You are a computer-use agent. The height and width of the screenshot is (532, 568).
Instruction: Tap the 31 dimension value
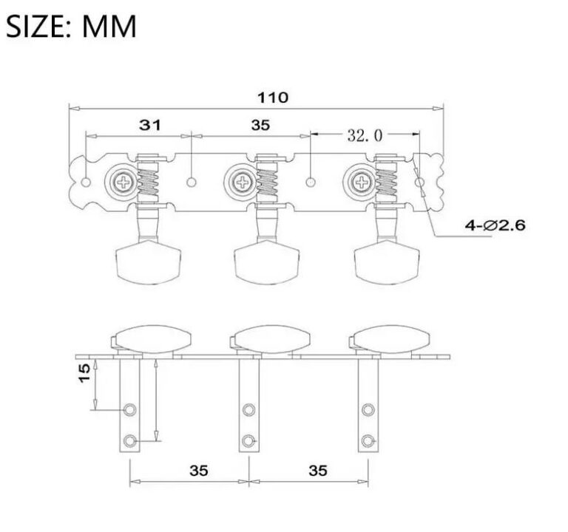click(151, 126)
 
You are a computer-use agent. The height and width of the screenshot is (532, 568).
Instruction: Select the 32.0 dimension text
click(365, 134)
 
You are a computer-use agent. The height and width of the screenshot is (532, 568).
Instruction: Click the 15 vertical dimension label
click(84, 373)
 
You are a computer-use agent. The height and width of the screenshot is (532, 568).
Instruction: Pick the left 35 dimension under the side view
click(198, 470)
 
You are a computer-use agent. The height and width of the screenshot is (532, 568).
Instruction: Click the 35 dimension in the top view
click(260, 126)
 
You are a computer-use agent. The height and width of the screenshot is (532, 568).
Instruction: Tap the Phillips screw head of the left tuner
click(121, 180)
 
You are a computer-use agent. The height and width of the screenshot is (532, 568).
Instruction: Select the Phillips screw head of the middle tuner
click(241, 180)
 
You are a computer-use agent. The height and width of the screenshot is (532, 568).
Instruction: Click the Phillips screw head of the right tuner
click(362, 180)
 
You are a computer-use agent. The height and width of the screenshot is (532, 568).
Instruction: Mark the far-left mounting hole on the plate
click(87, 182)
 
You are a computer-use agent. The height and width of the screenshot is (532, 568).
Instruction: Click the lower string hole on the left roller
click(131, 441)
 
